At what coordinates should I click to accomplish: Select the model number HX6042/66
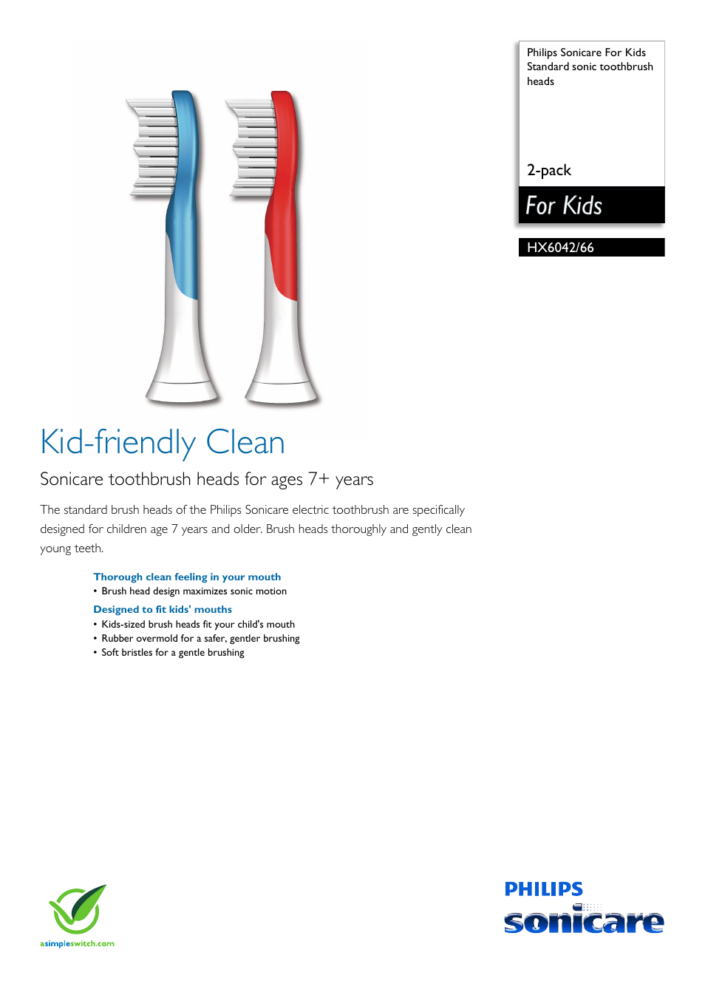(x=560, y=248)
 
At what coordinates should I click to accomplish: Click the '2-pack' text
(x=549, y=170)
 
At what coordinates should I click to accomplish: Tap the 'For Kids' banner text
(x=564, y=206)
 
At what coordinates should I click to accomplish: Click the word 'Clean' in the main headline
(x=245, y=443)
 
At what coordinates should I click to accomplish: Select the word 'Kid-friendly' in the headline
(x=118, y=443)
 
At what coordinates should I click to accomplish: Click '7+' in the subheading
(x=319, y=479)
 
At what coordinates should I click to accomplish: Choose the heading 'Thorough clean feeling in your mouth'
(x=187, y=577)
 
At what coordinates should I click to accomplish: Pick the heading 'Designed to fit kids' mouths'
(x=163, y=609)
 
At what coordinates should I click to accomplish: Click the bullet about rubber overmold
(x=200, y=638)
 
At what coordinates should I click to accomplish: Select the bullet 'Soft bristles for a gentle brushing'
(x=173, y=652)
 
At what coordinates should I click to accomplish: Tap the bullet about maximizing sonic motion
(x=194, y=591)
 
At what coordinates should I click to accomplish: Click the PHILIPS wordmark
(x=544, y=889)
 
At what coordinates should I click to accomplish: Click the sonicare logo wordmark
(x=584, y=921)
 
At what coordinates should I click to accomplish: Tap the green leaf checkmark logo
(x=77, y=909)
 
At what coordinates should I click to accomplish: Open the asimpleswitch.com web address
(x=77, y=943)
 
